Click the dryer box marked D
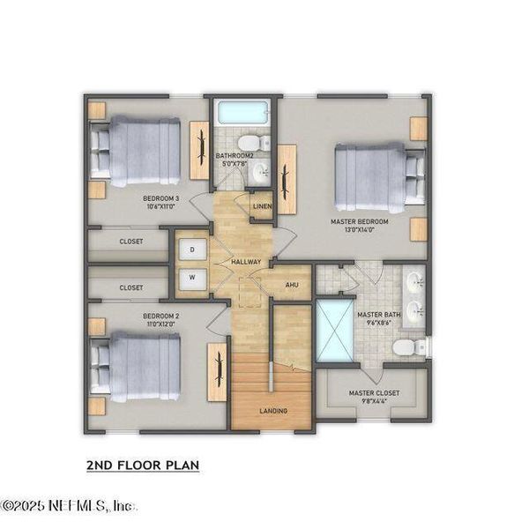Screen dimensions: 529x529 click(192, 250)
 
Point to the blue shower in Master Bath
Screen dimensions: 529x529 click(334, 331)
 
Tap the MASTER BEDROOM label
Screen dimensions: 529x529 click(359, 225)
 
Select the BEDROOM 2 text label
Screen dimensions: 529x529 click(160, 319)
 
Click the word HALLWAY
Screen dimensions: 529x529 click(245, 263)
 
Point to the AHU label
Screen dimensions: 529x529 click(292, 285)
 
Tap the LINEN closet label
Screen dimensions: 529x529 click(262, 208)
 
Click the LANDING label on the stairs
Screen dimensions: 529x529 click(272, 411)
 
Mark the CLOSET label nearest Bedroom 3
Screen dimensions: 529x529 click(131, 240)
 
